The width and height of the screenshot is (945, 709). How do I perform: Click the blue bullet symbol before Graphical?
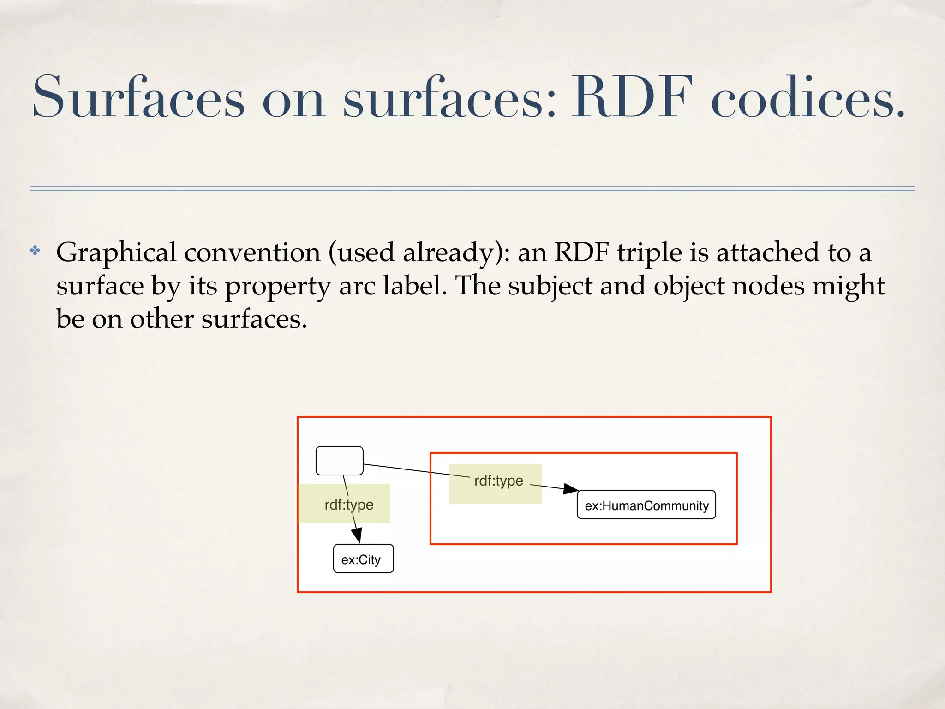(x=35, y=251)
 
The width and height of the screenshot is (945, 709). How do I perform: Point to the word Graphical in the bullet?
(x=116, y=253)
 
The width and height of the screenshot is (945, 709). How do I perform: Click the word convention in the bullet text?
(x=252, y=253)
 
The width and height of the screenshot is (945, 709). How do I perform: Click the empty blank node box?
(x=339, y=460)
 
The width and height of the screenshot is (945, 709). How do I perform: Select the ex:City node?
(x=363, y=559)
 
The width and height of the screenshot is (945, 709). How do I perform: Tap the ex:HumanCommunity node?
(x=646, y=505)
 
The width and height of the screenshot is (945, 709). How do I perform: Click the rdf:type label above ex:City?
(x=349, y=505)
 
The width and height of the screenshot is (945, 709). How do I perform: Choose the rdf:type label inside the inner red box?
(x=498, y=481)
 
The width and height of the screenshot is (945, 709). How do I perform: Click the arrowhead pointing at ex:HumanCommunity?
(x=571, y=489)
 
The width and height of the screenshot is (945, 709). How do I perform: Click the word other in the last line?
(x=161, y=319)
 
